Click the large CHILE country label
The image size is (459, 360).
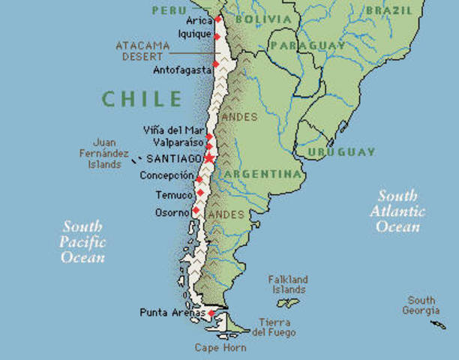pos(142,99)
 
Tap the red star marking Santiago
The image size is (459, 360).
pos(209,158)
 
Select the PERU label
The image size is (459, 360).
pos(169,10)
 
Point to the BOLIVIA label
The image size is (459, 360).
pos(262,19)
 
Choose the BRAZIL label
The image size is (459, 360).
pos(389,10)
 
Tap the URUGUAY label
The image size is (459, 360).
pos(340,152)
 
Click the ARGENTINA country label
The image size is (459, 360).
pos(262,174)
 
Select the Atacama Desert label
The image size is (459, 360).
pos(142,50)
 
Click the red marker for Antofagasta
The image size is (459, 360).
pos(215,64)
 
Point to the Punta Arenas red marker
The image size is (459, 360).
pos(211,313)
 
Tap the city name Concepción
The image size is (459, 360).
pos(166,175)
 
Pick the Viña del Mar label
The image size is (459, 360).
pos(172,130)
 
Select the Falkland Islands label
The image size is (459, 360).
pos(288,284)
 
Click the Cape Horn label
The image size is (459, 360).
pos(220,348)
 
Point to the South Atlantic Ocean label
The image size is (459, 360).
pos(397,211)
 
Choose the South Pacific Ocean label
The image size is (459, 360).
pos(82,241)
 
